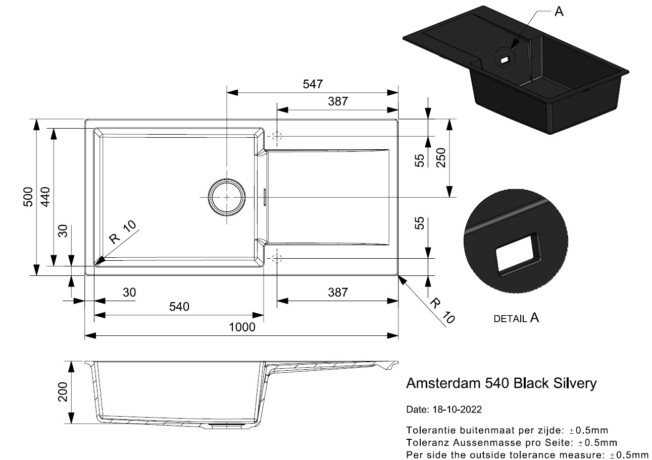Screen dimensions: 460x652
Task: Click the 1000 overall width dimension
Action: point(241,327)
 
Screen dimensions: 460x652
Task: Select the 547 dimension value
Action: point(313,84)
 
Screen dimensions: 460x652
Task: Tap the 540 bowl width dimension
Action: point(179,307)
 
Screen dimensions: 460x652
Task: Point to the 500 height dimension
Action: point(28,197)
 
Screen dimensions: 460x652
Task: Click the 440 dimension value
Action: point(45,197)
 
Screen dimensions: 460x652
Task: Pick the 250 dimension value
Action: point(440,158)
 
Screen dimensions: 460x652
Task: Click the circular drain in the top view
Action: point(227,197)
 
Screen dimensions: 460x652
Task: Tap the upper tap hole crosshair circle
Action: point(277,136)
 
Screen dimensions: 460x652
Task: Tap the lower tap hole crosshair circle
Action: point(276,258)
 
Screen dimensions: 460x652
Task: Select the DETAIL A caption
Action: point(516,318)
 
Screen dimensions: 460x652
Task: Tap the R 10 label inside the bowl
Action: point(122,233)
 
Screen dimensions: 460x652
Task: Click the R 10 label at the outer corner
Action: point(443,310)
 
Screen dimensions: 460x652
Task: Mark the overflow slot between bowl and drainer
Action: point(265,197)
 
